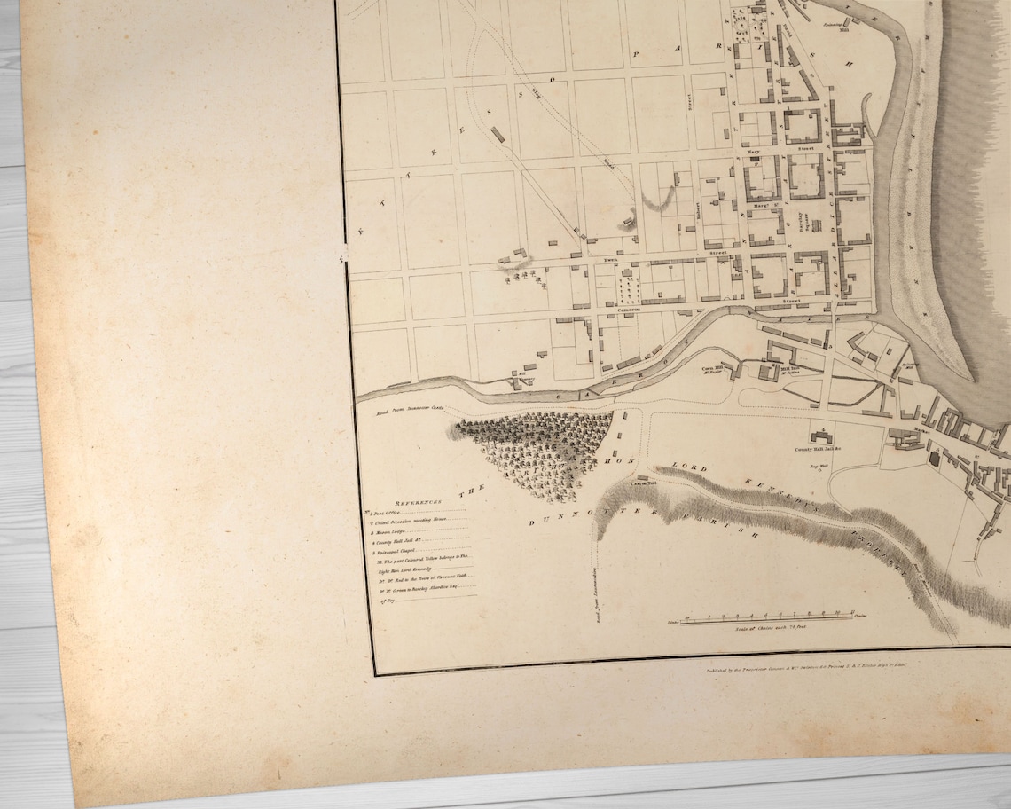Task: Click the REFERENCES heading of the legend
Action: tap(415, 501)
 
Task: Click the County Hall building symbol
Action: tap(820, 436)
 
